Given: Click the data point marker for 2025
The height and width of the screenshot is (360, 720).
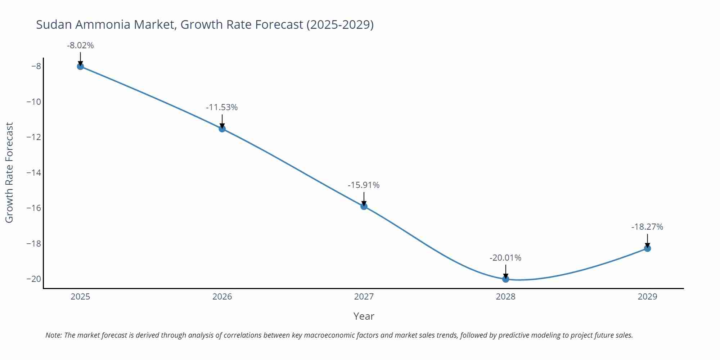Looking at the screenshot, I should (80, 66).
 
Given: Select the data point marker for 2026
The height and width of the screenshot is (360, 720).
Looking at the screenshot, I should (222, 129).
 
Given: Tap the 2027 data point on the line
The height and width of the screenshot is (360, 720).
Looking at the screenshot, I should (364, 206).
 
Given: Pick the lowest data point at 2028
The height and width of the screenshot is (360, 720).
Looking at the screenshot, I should (505, 279).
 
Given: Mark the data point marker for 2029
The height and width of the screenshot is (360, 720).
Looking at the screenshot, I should (647, 248).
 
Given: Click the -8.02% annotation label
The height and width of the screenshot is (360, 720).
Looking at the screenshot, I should (80, 46).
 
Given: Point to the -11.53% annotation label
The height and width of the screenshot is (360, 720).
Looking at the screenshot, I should (222, 108).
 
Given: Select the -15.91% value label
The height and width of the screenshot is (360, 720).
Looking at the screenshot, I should (364, 185).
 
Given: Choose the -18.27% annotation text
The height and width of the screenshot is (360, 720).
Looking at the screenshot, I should (647, 227).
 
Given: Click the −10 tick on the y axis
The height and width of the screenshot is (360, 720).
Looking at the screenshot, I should (34, 102).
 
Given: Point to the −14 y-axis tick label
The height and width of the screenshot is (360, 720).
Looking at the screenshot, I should (34, 173).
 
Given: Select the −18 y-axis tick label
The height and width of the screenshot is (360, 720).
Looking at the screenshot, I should (34, 244).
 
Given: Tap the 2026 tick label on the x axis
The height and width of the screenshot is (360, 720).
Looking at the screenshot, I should (222, 297).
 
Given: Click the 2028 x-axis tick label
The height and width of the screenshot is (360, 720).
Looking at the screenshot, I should (505, 297).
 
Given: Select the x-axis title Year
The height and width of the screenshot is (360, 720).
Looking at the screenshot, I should (364, 316).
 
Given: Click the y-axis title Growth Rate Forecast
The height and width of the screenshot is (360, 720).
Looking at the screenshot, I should (9, 172).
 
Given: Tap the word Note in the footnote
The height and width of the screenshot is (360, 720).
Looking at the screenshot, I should (53, 335).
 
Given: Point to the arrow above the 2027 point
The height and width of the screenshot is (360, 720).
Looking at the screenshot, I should (364, 199).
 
